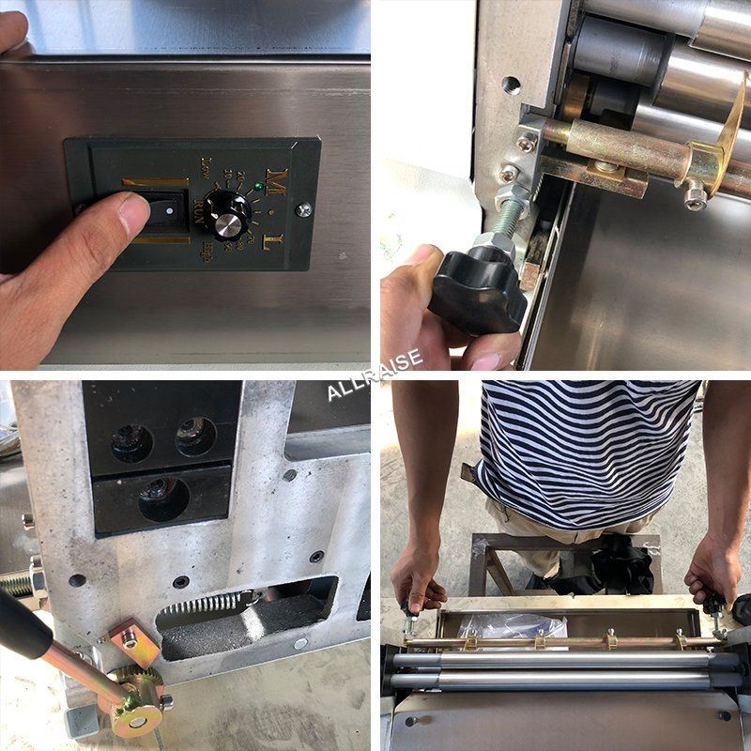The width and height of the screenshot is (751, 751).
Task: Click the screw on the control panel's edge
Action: tap(302, 210)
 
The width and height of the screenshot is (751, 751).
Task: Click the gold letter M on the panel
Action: tap(276, 177)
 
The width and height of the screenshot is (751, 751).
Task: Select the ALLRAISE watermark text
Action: tap(375, 374)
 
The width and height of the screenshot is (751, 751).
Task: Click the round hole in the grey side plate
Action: tap(511, 85)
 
